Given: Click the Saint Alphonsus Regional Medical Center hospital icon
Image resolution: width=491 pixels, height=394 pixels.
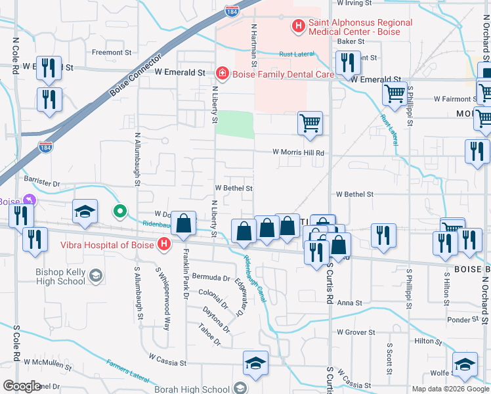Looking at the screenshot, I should pos(299,27).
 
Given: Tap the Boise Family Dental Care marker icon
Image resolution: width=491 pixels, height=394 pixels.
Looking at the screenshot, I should pos(223,73).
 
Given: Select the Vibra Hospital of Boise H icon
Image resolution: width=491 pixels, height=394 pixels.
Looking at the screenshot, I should pos(164,245).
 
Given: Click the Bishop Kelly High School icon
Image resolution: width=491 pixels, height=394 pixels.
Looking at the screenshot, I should pos(96,275).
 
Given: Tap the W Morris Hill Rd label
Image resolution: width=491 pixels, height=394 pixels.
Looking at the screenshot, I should pos(299,152).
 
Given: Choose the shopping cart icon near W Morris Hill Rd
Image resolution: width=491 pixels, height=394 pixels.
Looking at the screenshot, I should pos(310,122).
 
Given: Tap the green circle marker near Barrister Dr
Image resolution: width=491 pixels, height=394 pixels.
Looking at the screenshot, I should pos(119,211).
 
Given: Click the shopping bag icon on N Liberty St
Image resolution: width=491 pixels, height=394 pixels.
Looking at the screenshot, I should pos(185,223).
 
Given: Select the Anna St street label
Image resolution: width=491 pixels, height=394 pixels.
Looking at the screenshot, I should pos(349,303).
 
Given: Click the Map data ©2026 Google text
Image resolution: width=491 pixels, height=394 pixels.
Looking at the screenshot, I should pos(450,389).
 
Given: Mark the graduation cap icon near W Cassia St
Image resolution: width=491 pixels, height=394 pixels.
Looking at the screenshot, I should pos(255,362).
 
